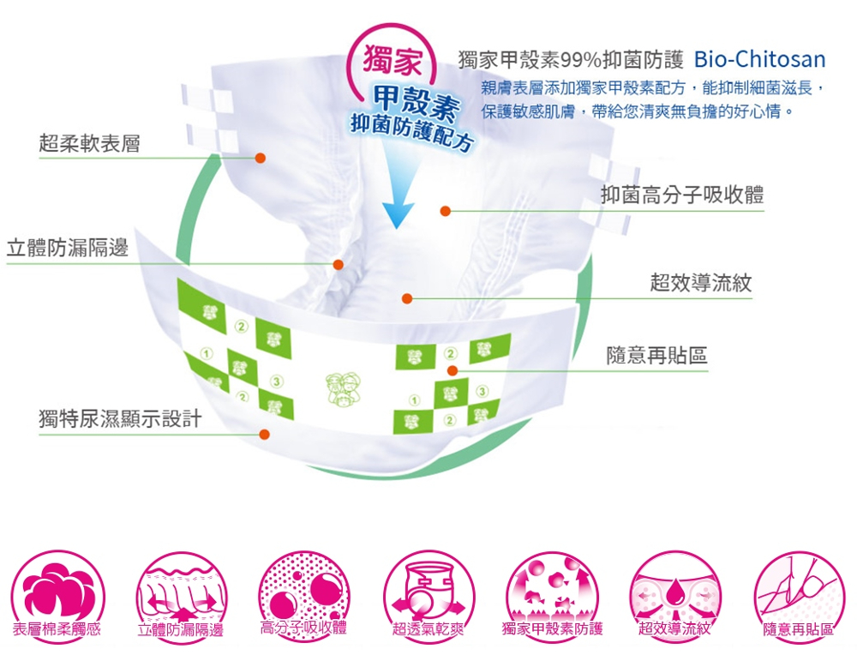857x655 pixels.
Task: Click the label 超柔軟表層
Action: pyautogui.click(x=90, y=144)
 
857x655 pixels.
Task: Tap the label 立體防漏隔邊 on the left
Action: pyautogui.click(x=67, y=248)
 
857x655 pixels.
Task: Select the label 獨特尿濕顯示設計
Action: pyautogui.click(x=120, y=419)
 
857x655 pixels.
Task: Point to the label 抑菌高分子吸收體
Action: pyautogui.click(x=682, y=195)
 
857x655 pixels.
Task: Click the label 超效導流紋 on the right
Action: pyautogui.click(x=701, y=283)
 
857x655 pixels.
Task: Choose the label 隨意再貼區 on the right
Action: pyautogui.click(x=657, y=356)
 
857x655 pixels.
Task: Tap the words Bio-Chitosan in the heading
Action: pyautogui.click(x=759, y=60)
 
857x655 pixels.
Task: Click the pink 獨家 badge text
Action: pyautogui.click(x=393, y=60)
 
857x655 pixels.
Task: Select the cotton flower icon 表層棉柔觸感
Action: pyautogui.click(x=57, y=596)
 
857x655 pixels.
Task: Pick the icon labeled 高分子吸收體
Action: pyautogui.click(x=303, y=596)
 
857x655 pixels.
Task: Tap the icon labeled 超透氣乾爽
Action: pyautogui.click(x=428, y=596)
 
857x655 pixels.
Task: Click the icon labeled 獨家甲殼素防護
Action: pyautogui.click(x=552, y=596)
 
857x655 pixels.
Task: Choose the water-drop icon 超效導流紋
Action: pyautogui.click(x=675, y=596)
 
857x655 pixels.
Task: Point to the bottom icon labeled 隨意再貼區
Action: pyautogui.click(x=799, y=596)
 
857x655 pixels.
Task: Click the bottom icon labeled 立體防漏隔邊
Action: pyautogui.click(x=181, y=596)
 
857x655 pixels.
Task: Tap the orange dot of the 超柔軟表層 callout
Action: pyautogui.click(x=261, y=158)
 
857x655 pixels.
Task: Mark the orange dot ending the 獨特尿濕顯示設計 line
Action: pyautogui.click(x=265, y=434)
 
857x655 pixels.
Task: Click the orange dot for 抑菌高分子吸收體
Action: pyautogui.click(x=446, y=211)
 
